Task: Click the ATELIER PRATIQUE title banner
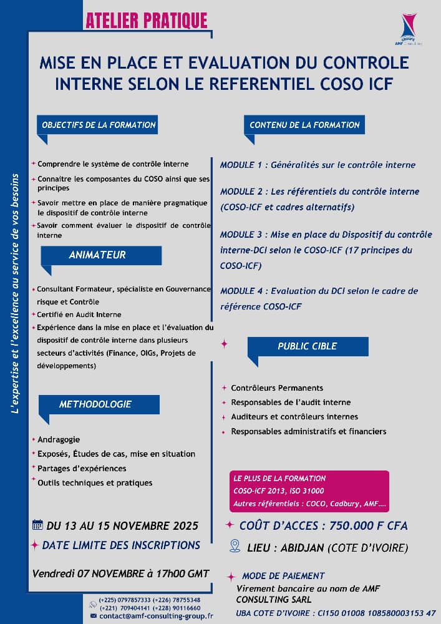(x=147, y=20)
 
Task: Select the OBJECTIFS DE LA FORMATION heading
(x=99, y=125)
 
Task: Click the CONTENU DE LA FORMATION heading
(x=304, y=125)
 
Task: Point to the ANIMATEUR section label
(x=97, y=255)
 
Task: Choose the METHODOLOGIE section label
(x=95, y=404)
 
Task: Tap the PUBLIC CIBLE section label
(x=307, y=346)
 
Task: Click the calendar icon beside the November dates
(x=37, y=524)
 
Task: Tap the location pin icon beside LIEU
(x=235, y=546)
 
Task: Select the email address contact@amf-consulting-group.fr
(x=157, y=616)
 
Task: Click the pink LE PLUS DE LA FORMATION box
(x=309, y=491)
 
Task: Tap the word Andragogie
(x=59, y=439)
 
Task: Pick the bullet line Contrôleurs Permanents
(x=277, y=388)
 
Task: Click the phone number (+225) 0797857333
(x=125, y=600)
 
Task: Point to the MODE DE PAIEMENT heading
(x=283, y=576)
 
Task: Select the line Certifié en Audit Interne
(x=79, y=314)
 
